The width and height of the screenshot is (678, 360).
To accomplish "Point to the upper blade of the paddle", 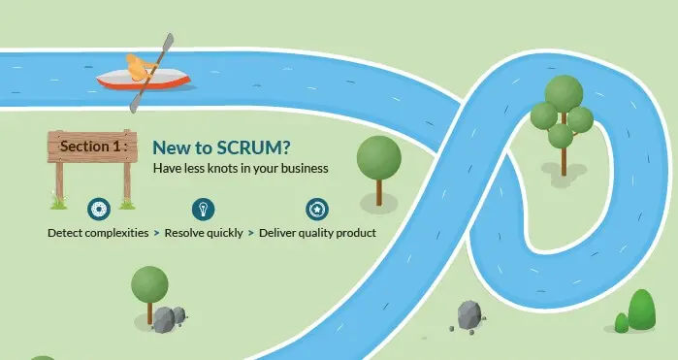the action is pyautogui.click(x=168, y=45).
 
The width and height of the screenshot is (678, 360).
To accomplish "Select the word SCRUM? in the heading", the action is pyautogui.click(x=255, y=147).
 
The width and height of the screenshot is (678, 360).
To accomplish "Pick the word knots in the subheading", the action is pyautogui.click(x=222, y=168).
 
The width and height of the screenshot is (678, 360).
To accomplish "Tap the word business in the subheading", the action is pyautogui.click(x=302, y=168).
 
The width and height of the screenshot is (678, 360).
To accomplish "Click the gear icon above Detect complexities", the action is pyautogui.click(x=97, y=209).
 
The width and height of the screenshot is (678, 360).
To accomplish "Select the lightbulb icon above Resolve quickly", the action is pyautogui.click(x=202, y=209).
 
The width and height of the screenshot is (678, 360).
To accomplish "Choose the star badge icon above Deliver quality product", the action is pyautogui.click(x=316, y=209).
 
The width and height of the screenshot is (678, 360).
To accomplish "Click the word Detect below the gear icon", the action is pyautogui.click(x=66, y=233).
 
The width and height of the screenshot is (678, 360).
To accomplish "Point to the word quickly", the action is pyautogui.click(x=222, y=233).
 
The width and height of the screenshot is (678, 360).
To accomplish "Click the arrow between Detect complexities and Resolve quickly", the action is pyautogui.click(x=156, y=233).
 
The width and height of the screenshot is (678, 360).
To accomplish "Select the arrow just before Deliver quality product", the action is pyautogui.click(x=250, y=233).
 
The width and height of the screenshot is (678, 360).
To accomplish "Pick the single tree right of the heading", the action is pyautogui.click(x=378, y=160).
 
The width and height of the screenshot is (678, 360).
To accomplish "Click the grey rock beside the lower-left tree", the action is pyautogui.click(x=166, y=318).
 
